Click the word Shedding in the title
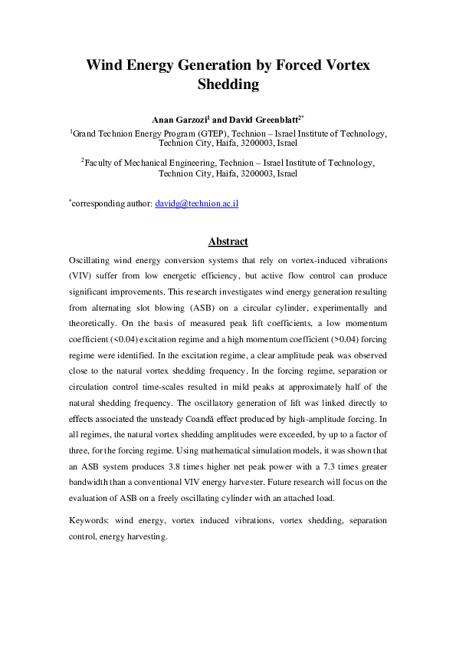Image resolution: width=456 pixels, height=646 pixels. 228,84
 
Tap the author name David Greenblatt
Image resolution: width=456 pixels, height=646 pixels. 258,120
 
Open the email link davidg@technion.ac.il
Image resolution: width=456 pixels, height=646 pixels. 197,204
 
